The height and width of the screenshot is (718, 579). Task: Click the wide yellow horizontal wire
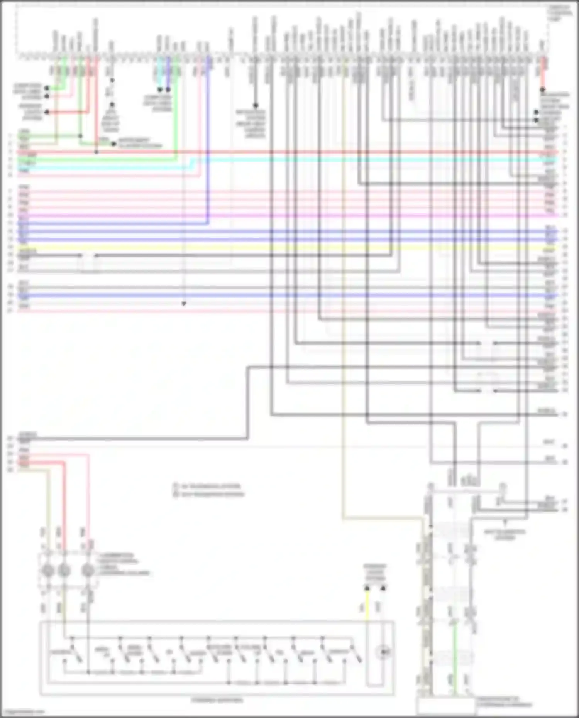[286, 247]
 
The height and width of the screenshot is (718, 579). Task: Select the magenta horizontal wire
[286, 215]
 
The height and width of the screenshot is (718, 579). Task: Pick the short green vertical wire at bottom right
[455, 656]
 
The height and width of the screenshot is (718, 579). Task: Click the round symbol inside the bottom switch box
[383, 652]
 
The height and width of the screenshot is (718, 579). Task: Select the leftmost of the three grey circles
[47, 570]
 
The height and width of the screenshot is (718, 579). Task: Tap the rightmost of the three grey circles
[88, 570]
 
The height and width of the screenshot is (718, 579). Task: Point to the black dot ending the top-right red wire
[542, 90]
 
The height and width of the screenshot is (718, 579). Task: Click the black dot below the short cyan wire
[160, 90]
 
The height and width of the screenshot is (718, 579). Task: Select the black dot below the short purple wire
[168, 90]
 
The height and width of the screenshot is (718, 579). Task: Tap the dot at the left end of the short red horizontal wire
[47, 112]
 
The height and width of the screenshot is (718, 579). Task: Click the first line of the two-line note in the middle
[210, 486]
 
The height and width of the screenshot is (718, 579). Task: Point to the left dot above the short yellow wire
[367, 588]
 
